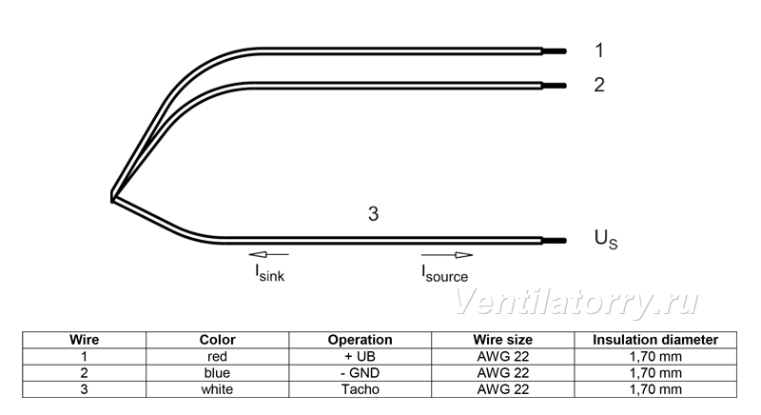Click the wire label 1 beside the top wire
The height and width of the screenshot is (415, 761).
pyautogui.click(x=600, y=50)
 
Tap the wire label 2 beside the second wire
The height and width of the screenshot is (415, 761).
pyautogui.click(x=599, y=85)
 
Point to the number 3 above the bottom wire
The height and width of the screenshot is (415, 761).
pyautogui.click(x=373, y=213)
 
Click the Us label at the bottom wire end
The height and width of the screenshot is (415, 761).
pyautogui.click(x=606, y=239)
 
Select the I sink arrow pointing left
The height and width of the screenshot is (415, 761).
pyautogui.click(x=268, y=254)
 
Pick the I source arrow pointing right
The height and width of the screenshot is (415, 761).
pyautogui.click(x=447, y=255)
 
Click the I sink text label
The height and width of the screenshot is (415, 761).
pyautogui.click(x=270, y=273)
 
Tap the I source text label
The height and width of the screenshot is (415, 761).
pyautogui.click(x=444, y=274)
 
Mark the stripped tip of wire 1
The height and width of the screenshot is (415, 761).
pyautogui.click(x=555, y=51)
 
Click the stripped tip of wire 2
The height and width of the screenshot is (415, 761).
pyautogui.click(x=555, y=86)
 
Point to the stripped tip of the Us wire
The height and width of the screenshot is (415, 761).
pyautogui.click(x=555, y=241)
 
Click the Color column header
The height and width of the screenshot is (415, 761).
pyautogui.click(x=218, y=340)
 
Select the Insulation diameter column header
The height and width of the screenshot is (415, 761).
pyautogui.click(x=655, y=340)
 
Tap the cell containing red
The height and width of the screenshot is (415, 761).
pyautogui.click(x=218, y=356)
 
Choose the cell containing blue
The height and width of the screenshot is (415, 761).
pyautogui.click(x=218, y=373)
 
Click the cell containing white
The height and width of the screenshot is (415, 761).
pyautogui.click(x=218, y=389)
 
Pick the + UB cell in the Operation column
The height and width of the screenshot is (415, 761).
pyautogui.click(x=361, y=356)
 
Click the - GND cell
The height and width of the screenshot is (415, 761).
pyautogui.click(x=361, y=373)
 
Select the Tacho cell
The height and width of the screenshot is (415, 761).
pyautogui.click(x=361, y=389)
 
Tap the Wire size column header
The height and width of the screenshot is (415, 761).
pyautogui.click(x=503, y=340)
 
